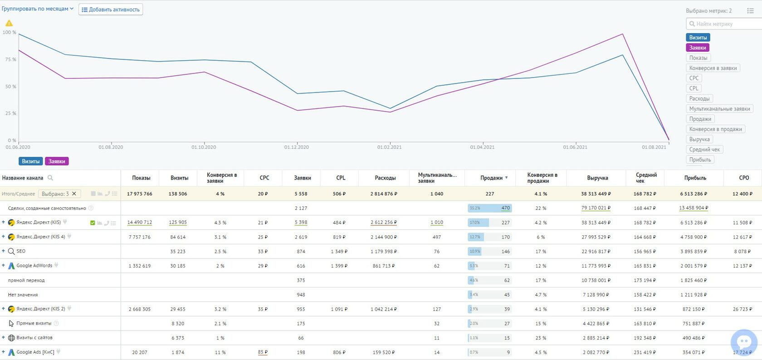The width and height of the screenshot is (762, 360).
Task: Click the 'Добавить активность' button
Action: [111, 10]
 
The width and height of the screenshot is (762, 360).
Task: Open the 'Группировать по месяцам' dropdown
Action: [37, 9]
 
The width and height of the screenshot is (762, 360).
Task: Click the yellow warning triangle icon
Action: [9, 23]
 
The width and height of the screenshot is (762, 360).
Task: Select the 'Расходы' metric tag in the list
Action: [699, 98]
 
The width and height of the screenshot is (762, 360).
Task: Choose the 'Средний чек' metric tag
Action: [704, 150]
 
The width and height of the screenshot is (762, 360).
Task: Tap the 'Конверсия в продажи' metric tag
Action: [715, 129]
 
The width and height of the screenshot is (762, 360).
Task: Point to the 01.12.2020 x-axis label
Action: [297, 147]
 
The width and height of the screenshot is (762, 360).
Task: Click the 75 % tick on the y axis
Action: [10, 59]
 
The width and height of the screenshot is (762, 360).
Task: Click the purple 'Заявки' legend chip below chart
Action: [57, 161]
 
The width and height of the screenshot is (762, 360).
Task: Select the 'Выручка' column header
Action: [597, 178]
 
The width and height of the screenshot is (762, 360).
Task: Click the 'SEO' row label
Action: [21, 251]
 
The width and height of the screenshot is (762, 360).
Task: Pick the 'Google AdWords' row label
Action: [34, 266]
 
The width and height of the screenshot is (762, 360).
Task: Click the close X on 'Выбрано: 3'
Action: [74, 194]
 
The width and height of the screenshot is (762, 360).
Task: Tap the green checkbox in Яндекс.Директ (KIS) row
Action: [93, 223]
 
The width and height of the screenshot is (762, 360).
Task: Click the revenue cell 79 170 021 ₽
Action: [596, 208]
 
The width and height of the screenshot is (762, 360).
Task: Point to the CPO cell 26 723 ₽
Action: [742, 309]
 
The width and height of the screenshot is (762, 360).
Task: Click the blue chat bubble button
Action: [744, 342]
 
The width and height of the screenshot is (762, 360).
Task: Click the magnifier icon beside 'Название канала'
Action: [50, 178]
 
